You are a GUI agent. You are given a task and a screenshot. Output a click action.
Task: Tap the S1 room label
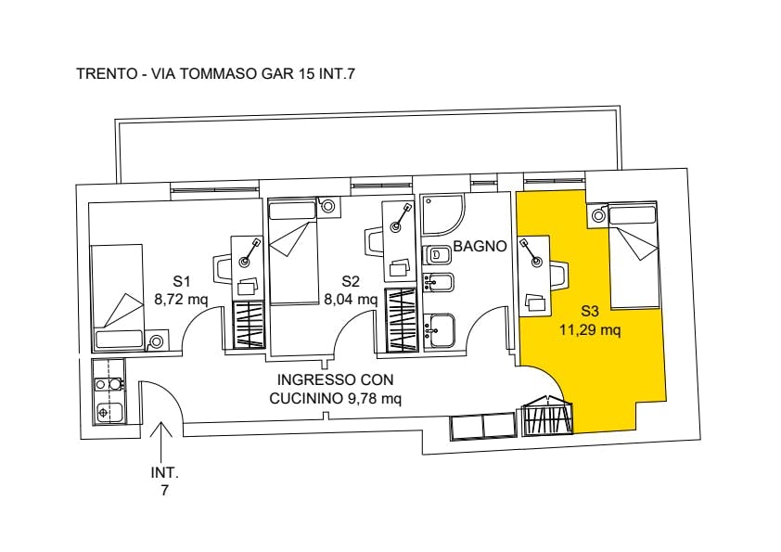182,281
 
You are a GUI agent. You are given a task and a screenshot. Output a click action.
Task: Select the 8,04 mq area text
351,300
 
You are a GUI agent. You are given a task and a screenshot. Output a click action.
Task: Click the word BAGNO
480,246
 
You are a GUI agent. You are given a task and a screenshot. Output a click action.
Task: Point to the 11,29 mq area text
590,329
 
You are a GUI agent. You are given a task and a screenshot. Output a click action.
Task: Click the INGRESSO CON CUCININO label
335,389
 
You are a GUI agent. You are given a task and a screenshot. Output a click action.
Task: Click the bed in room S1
118,296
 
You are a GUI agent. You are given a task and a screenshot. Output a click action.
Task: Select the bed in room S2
293,251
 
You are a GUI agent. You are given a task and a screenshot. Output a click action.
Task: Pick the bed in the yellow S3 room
634,255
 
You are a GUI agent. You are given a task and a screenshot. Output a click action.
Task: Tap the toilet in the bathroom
437,255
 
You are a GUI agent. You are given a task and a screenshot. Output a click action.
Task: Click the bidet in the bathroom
438,283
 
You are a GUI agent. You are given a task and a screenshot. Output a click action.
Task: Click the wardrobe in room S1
249,325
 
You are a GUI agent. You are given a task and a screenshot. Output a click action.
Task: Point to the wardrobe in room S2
401,320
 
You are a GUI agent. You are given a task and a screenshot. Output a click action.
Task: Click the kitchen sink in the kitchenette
109,413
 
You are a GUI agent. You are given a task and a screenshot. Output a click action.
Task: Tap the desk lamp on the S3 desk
531,252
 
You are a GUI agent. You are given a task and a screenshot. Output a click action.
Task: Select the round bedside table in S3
598,216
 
